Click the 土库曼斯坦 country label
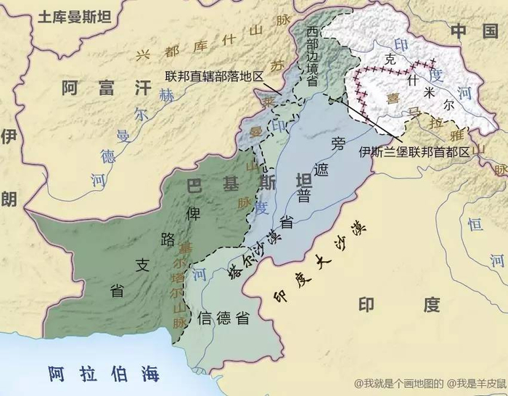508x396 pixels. (x=70, y=15)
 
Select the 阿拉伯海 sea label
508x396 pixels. (x=104, y=374)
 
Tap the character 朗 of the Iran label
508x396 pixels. (x=9, y=198)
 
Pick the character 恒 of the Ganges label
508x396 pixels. (x=476, y=226)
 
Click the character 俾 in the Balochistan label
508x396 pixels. (x=193, y=213)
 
